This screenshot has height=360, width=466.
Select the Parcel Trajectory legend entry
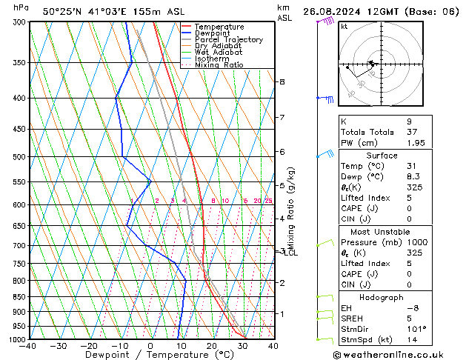[x=228, y=40]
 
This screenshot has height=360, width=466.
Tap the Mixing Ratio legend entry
[x=219, y=65]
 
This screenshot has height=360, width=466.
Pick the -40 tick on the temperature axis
[x=29, y=346]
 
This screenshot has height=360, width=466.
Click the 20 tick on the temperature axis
[x=212, y=346]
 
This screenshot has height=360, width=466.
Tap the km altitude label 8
[x=282, y=81]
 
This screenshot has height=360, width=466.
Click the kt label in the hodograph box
[x=344, y=27]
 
